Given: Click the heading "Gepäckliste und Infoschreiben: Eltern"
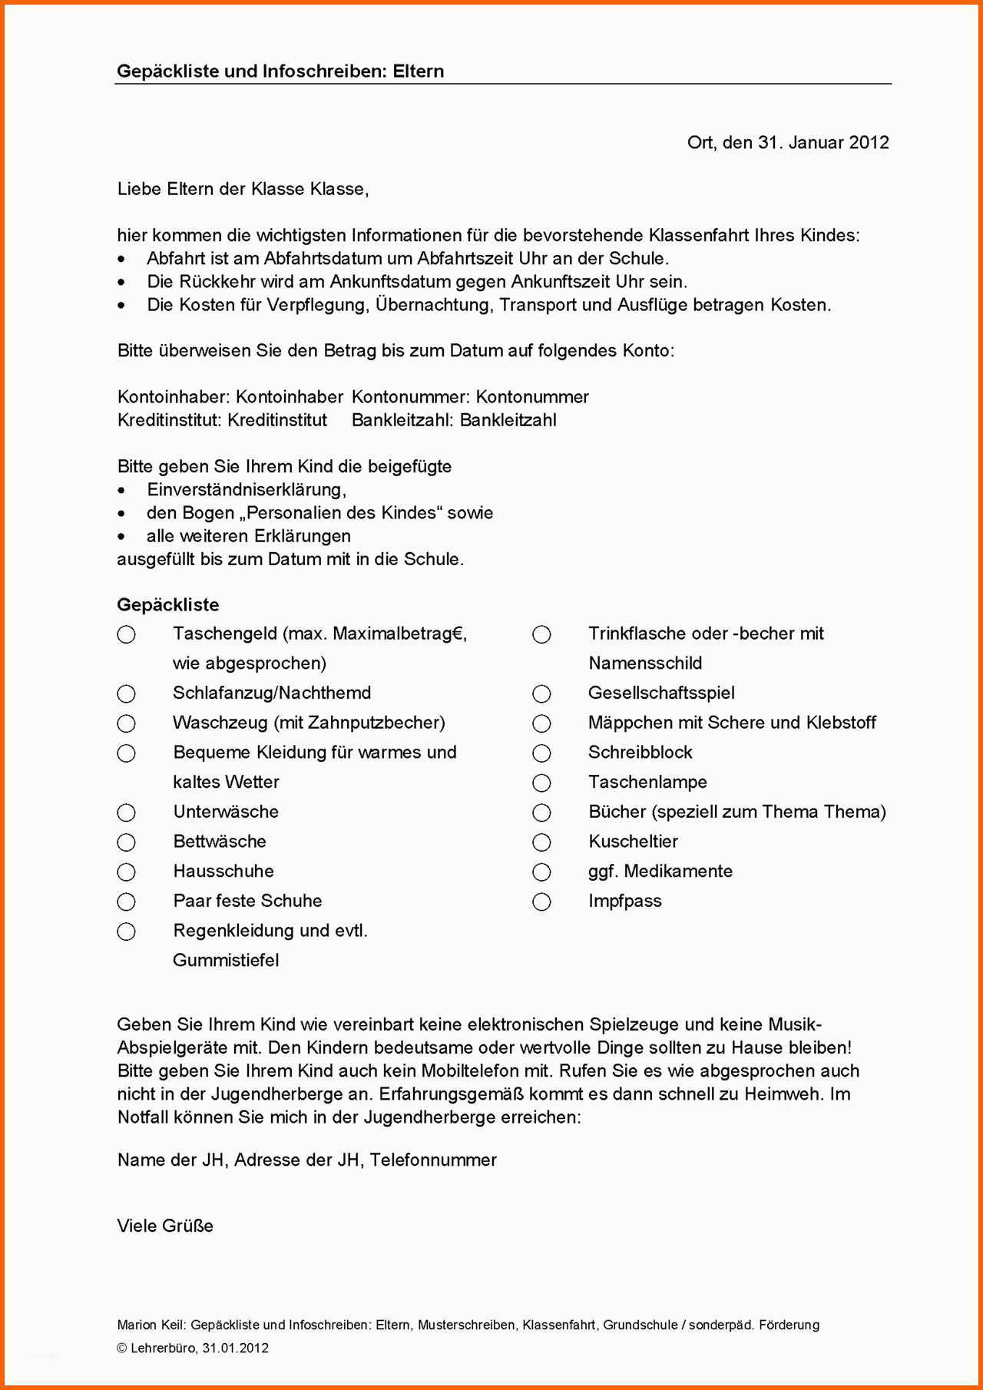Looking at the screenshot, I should click(x=280, y=71).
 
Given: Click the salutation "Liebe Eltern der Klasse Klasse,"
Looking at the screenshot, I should click(x=243, y=189).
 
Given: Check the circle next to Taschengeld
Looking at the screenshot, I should click(x=127, y=634).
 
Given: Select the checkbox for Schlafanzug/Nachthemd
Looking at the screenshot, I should click(x=127, y=694).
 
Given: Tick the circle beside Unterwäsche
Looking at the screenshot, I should click(x=127, y=812).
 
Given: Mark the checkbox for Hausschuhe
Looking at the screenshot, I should click(x=127, y=872).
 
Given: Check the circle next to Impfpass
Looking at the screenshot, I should click(x=541, y=902).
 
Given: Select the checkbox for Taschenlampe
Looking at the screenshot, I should click(x=541, y=783).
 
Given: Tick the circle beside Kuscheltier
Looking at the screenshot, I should click(x=541, y=842).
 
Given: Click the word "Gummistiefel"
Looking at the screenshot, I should click(x=226, y=960).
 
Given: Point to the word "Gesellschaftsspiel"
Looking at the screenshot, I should click(x=661, y=693).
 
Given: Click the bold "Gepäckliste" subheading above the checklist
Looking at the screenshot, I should click(x=168, y=605).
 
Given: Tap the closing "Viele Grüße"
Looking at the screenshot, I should click(x=165, y=1226).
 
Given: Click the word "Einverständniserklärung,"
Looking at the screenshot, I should click(x=247, y=490).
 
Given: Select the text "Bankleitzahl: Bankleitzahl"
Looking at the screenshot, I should click(x=454, y=420).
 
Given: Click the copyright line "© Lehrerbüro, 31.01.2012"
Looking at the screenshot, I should click(x=193, y=1348).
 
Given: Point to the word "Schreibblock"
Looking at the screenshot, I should click(x=640, y=753).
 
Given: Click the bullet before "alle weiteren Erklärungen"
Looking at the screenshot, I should click(x=121, y=537).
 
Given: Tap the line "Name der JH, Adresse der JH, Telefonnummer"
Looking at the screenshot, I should click(x=307, y=1160).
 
